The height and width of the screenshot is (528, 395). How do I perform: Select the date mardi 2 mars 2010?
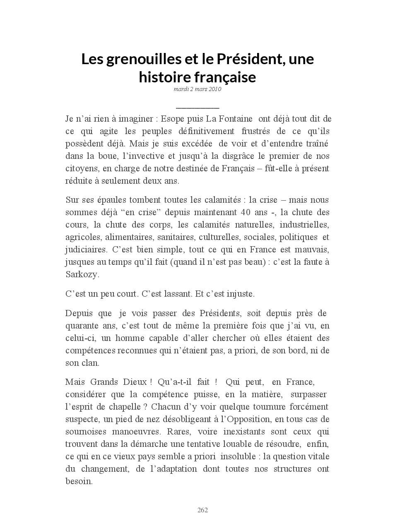tap(197, 89)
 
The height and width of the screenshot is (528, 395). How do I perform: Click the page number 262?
tap(202, 510)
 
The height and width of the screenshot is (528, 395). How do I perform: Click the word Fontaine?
tap(235, 119)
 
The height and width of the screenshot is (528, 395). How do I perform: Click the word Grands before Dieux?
tap(104, 382)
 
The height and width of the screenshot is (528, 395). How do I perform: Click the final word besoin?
tap(79, 481)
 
